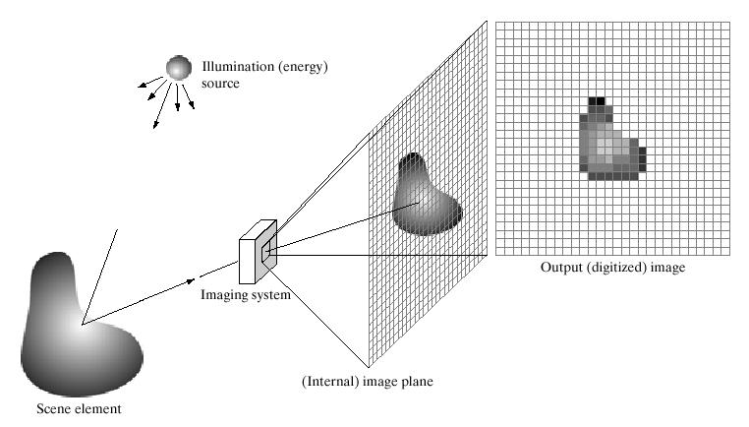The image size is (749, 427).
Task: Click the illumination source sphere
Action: click(179, 68)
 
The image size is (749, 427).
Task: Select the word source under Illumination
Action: click(220, 84)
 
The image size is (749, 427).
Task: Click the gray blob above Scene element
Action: click(80, 329)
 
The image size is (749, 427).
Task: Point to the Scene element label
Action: click(79, 409)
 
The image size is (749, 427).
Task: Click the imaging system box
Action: click(258, 252)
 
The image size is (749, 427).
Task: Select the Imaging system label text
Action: click(246, 294)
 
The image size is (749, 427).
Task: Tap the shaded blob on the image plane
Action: click(426, 196)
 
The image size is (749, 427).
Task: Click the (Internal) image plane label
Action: click(368, 382)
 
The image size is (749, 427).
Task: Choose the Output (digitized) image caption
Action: click(612, 268)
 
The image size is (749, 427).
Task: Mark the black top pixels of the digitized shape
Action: click(597, 101)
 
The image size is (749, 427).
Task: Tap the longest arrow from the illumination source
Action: click(162, 105)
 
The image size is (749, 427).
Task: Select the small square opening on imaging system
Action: click(266, 252)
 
